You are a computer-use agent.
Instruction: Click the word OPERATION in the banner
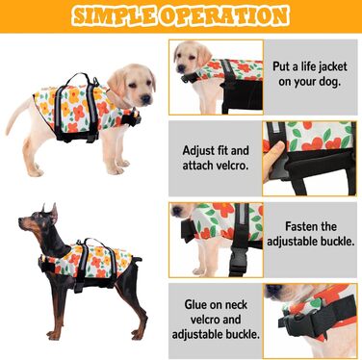(224, 15)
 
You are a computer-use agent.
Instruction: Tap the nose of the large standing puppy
(147, 98)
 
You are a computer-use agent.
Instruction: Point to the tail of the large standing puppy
(19, 114)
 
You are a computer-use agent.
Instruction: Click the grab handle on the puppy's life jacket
(76, 80)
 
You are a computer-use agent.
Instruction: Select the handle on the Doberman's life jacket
(92, 243)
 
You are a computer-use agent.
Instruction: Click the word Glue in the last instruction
(195, 304)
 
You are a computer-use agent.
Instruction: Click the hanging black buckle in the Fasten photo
(238, 262)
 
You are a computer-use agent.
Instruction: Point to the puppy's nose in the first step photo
(181, 68)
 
